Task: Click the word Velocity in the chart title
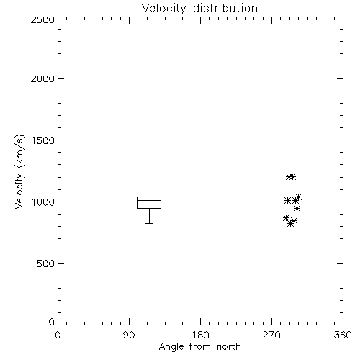pos(163,8)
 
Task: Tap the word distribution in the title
pos(225,8)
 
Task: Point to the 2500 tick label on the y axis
pos(42,20)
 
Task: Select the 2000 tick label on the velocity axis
pos(42,78)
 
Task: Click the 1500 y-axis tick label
pos(43,140)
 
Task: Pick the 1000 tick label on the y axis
pos(43,202)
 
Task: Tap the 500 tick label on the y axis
pos(46,264)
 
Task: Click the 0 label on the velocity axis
pos(52,322)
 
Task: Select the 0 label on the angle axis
pos(58,335)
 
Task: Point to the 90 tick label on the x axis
pos(129,335)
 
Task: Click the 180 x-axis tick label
pos(200,335)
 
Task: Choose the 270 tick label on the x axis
pos(271,335)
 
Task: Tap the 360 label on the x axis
pos(343,335)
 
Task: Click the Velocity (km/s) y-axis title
pos(19,171)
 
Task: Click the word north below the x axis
pos(229,347)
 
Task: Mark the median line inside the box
pos(149,200)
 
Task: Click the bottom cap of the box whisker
pos(149,223)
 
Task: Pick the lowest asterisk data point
pos(291,224)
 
